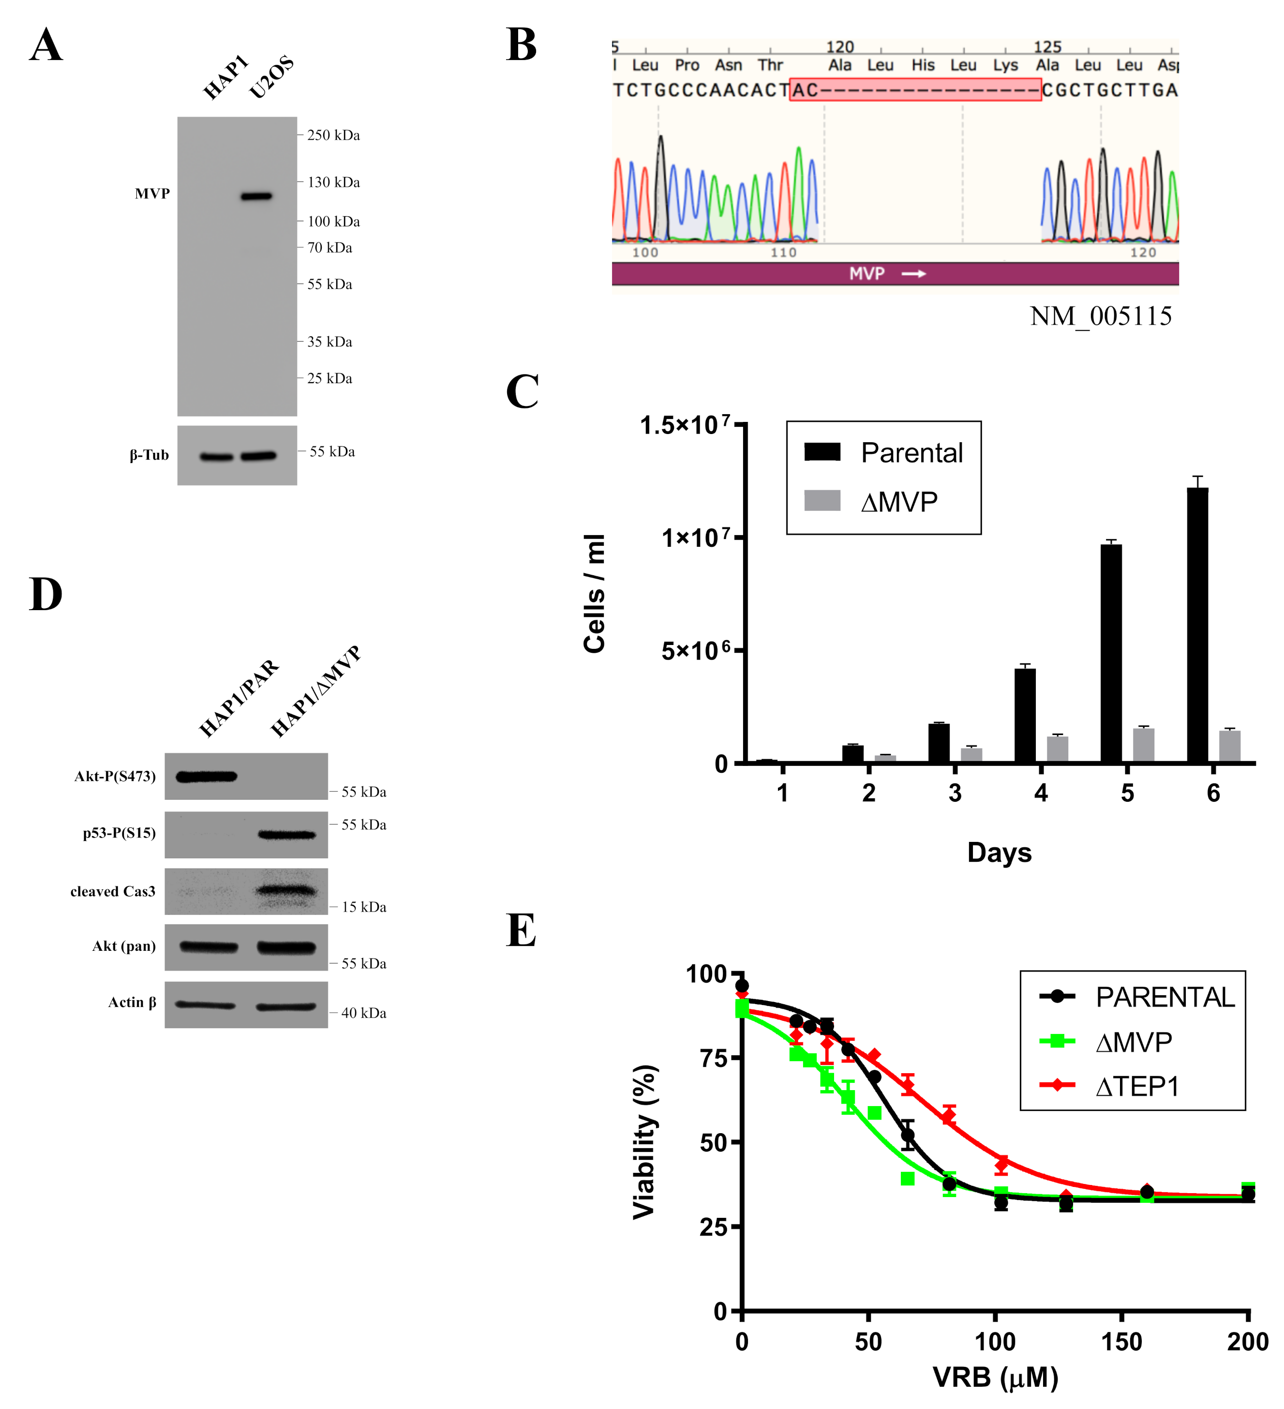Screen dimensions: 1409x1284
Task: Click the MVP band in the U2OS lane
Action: click(x=256, y=196)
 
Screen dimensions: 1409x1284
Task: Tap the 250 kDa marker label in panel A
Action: click(x=333, y=135)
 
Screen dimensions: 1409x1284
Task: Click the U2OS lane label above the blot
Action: click(x=271, y=77)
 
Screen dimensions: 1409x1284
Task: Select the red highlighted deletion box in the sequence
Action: click(x=914, y=90)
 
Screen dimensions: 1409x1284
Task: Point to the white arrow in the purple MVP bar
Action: click(x=913, y=274)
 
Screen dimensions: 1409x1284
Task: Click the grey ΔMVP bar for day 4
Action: click(x=1056, y=749)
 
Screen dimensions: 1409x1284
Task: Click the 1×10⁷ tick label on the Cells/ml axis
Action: click(x=695, y=538)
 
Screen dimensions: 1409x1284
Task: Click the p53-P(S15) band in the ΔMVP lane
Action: click(x=286, y=835)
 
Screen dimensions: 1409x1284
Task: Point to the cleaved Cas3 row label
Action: click(x=113, y=892)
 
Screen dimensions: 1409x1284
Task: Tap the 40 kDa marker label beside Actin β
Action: click(x=363, y=1013)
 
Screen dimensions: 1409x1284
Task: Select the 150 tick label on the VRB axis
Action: click(x=1121, y=1342)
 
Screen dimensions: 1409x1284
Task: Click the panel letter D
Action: click(x=45, y=595)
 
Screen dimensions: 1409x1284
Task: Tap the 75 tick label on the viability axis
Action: click(x=714, y=1058)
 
